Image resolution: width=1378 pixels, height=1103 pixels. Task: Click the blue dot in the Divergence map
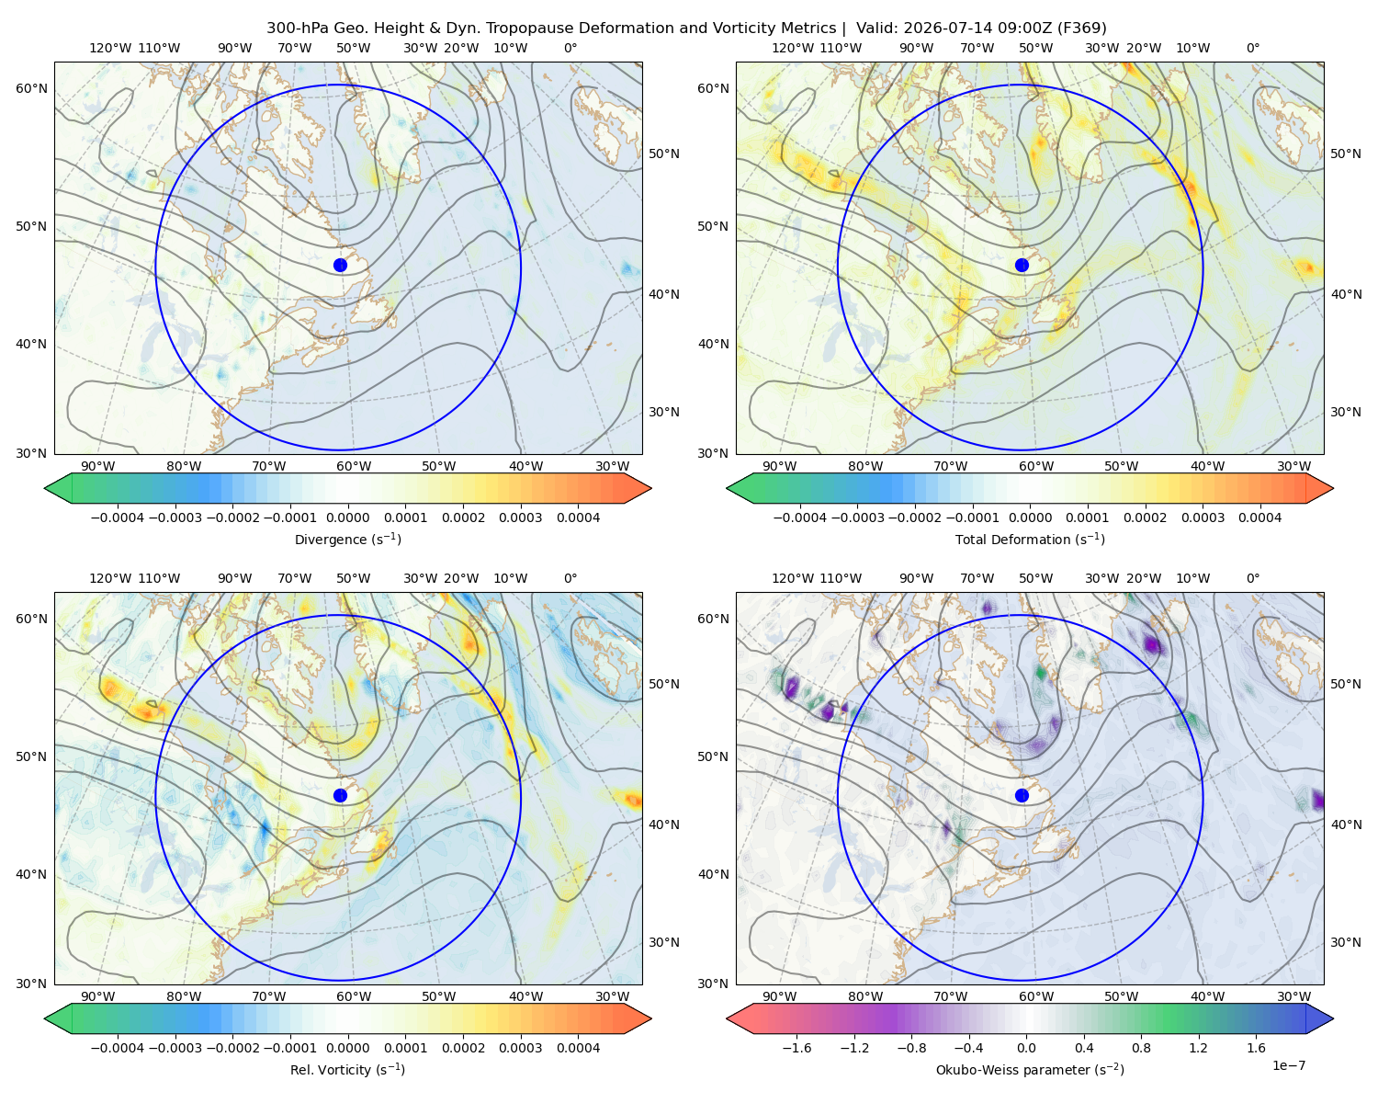[x=340, y=265]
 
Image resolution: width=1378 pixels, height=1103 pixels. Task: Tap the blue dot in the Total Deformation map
[x=1022, y=265]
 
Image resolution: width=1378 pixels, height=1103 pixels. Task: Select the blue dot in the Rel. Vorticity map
[x=340, y=795]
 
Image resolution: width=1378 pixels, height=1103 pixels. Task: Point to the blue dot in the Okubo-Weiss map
[x=1022, y=795]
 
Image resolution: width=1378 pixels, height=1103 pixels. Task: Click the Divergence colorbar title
[x=347, y=539]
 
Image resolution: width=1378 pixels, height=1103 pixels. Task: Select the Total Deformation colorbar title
[x=1030, y=539]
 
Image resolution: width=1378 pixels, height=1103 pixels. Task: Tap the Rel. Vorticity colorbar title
[x=347, y=1069]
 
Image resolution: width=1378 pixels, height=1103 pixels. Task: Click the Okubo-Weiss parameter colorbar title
[x=1030, y=1069]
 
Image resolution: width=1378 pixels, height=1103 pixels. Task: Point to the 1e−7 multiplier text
[x=1288, y=1065]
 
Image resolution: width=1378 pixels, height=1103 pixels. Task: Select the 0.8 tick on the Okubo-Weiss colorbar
[x=1141, y=1047]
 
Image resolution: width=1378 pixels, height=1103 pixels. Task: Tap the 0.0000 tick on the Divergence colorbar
[x=347, y=517]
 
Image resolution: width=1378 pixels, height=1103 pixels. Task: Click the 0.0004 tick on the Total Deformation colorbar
[x=1260, y=517]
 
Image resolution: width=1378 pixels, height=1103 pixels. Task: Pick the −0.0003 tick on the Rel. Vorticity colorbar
[x=175, y=1047]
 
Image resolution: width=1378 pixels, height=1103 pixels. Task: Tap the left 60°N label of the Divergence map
[x=31, y=88]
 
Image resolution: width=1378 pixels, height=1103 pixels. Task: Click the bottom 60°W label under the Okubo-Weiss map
[x=1035, y=996]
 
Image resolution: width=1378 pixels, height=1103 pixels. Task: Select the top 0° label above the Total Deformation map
[x=1252, y=48]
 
